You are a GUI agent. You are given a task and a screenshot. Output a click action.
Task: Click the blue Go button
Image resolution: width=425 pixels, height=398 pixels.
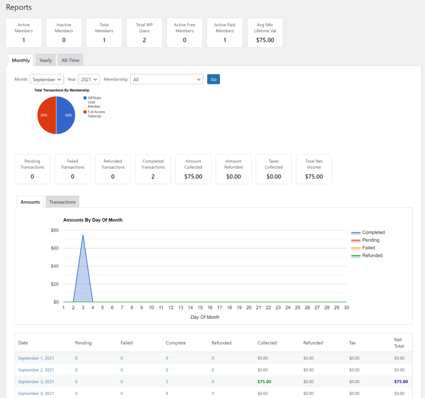click(213, 79)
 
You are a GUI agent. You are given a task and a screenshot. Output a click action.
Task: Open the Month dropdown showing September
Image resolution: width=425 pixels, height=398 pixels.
click(47, 79)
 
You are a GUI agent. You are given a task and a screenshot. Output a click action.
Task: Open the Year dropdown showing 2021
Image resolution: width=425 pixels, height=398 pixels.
click(89, 79)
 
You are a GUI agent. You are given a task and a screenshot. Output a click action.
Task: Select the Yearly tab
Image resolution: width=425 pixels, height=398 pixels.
click(46, 60)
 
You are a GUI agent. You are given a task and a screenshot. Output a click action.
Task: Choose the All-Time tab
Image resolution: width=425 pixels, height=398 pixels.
click(70, 60)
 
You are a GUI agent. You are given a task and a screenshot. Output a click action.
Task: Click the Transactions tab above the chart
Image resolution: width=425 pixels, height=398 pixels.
click(63, 202)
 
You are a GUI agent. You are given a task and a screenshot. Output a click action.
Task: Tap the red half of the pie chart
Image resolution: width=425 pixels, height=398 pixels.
click(47, 115)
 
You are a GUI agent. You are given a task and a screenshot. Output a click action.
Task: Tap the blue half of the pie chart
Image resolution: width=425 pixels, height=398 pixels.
click(66, 115)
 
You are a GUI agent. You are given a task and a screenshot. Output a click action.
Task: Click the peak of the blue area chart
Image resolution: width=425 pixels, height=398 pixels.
click(83, 235)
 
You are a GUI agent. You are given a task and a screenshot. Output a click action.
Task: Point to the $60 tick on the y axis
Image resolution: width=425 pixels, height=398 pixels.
click(55, 248)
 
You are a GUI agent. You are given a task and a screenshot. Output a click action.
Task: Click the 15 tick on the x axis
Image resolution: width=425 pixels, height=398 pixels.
click(200, 308)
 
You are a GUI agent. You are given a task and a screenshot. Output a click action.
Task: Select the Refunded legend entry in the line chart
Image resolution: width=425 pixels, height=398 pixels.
click(372, 255)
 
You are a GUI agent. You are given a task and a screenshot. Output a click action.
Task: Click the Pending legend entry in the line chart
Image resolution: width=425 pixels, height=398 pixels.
click(371, 240)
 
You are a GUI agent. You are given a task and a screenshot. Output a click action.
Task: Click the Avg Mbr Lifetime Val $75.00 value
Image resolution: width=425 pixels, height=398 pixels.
click(265, 40)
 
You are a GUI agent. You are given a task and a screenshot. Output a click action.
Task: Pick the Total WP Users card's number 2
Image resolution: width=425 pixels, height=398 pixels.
click(144, 40)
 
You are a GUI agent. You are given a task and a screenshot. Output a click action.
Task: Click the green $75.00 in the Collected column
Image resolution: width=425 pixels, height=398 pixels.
click(264, 382)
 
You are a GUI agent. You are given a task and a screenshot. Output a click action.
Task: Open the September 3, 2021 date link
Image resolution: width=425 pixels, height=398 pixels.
click(36, 382)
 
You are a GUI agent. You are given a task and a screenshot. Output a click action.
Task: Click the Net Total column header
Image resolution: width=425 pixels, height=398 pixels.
click(399, 343)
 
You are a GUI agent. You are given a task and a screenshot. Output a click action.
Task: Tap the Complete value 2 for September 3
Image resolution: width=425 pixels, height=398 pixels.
click(167, 382)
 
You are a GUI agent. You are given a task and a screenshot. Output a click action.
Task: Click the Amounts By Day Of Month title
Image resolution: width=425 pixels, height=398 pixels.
click(93, 220)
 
